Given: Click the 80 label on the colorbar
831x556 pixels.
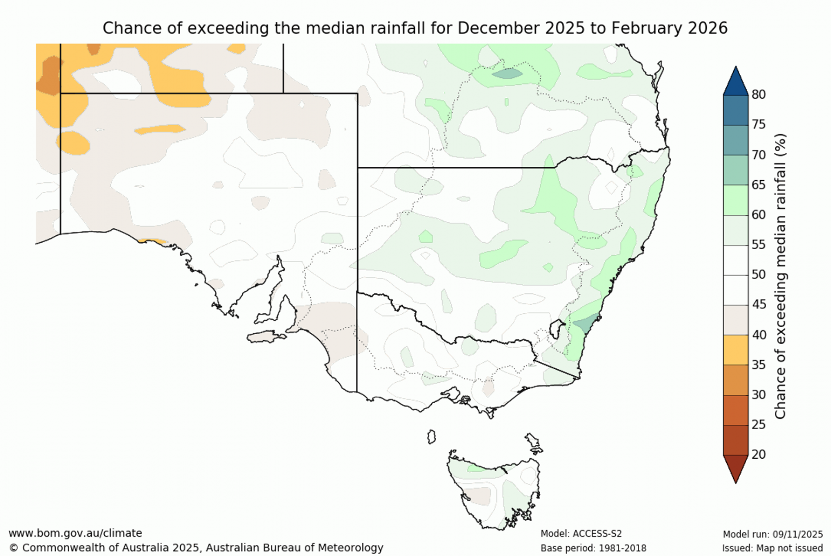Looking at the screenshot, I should coord(758,95).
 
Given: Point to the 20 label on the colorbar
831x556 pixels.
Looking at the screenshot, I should coord(758,455).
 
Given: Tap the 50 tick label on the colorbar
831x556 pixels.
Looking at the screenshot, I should coord(758,275).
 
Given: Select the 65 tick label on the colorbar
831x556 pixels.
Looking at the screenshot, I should coord(758,185).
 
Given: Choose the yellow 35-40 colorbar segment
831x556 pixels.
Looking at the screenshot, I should coord(736,350).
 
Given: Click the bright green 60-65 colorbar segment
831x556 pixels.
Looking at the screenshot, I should coord(736,200).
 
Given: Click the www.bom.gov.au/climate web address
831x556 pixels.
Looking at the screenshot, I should coord(75,533).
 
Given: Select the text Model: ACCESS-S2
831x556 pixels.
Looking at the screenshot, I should coord(581,534).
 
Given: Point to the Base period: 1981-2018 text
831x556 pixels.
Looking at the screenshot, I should coord(593,548).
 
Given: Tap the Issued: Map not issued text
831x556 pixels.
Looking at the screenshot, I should coord(772,548).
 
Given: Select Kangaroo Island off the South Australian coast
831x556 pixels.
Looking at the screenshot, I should coord(266,337).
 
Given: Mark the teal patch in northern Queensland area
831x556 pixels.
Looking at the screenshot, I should coord(507,73).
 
